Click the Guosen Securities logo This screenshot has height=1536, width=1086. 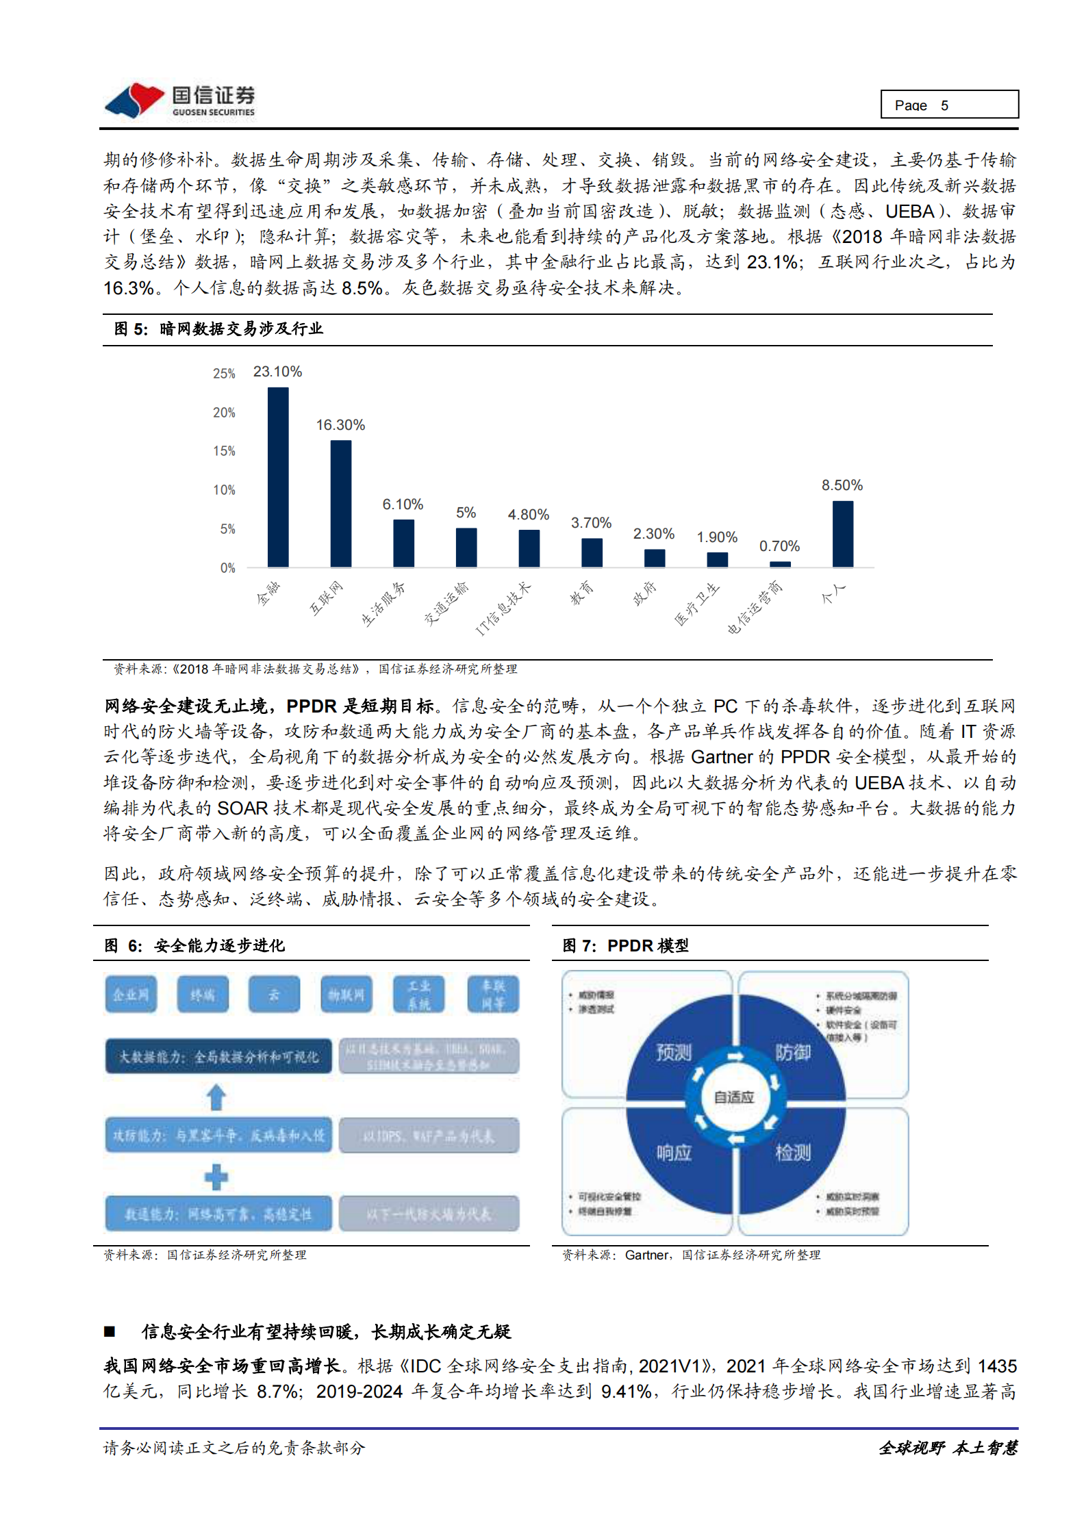pos(179,101)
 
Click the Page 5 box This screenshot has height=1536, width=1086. pos(948,105)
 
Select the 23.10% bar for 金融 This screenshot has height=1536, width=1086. pos(278,477)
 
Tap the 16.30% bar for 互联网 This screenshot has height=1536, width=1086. pos(340,503)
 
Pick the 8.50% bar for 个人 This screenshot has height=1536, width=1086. pos(842,534)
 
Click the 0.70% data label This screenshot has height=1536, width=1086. pos(779,546)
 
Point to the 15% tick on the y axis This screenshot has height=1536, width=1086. pos(224,451)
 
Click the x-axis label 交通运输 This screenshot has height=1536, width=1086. pos(446,603)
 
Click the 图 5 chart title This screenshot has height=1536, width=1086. pos(218,329)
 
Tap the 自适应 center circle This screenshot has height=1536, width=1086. pos(734,1097)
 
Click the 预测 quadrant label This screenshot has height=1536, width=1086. pos(674,1052)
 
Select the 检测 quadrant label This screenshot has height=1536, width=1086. pos(793,1153)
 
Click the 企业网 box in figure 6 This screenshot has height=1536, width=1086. pos(131,994)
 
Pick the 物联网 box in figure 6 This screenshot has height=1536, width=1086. pos(346,994)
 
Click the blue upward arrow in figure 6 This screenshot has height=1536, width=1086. pos(216,1097)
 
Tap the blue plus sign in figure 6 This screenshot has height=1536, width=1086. pos(216,1177)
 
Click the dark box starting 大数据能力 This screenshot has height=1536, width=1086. pos(218,1056)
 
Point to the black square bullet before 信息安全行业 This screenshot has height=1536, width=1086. pos(110,1331)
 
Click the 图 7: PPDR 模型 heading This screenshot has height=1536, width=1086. pos(625,945)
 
